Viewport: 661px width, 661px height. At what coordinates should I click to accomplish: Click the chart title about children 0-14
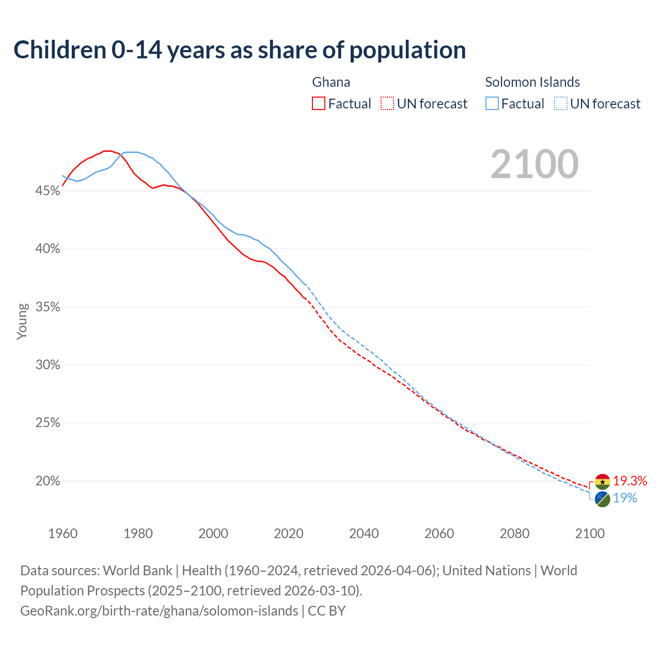click(x=240, y=50)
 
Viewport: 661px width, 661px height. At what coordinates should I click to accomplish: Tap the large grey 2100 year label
click(x=534, y=164)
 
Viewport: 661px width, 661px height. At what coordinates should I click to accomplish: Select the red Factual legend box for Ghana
click(x=319, y=104)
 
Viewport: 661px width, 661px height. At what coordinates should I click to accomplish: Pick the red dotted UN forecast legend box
click(x=387, y=104)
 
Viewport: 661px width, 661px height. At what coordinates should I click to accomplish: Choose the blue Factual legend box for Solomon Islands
click(x=492, y=104)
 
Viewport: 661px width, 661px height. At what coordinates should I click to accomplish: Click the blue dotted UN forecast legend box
click(x=560, y=104)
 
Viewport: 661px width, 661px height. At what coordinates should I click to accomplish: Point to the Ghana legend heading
click(x=331, y=82)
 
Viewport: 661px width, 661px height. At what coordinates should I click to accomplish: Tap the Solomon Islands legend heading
click(x=532, y=82)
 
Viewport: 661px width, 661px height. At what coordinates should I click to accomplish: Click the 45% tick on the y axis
click(x=48, y=191)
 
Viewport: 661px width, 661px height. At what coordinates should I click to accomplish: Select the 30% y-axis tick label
click(x=48, y=365)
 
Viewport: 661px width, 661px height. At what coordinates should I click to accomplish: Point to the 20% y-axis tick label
click(x=48, y=481)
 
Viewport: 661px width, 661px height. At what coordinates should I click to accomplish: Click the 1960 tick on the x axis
click(x=62, y=533)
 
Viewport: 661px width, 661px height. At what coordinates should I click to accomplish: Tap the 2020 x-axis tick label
click(x=288, y=533)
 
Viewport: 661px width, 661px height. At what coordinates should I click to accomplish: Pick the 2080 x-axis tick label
click(x=514, y=533)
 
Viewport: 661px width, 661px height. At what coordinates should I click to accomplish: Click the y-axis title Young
click(x=22, y=321)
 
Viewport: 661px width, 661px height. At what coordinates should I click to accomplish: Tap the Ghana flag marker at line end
click(x=602, y=482)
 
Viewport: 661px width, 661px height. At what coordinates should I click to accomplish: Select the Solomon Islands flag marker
click(x=602, y=499)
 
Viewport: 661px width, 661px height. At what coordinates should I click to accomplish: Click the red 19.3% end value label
click(x=630, y=481)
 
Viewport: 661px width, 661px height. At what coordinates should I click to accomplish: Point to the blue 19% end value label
click(x=625, y=498)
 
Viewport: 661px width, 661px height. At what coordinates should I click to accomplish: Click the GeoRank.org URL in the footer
click(x=159, y=611)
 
